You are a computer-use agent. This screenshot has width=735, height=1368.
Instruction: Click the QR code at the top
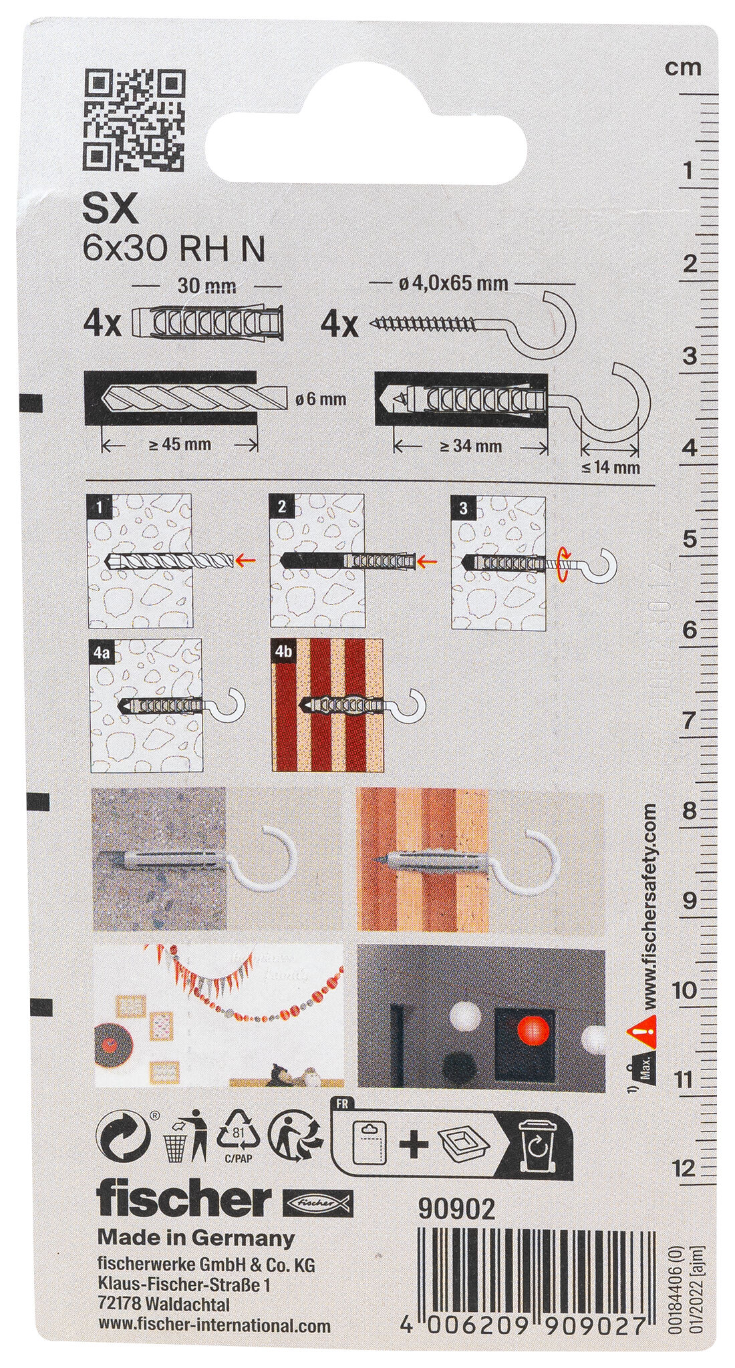[136, 121]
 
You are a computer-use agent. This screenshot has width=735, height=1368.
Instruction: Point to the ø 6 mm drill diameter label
[320, 399]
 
